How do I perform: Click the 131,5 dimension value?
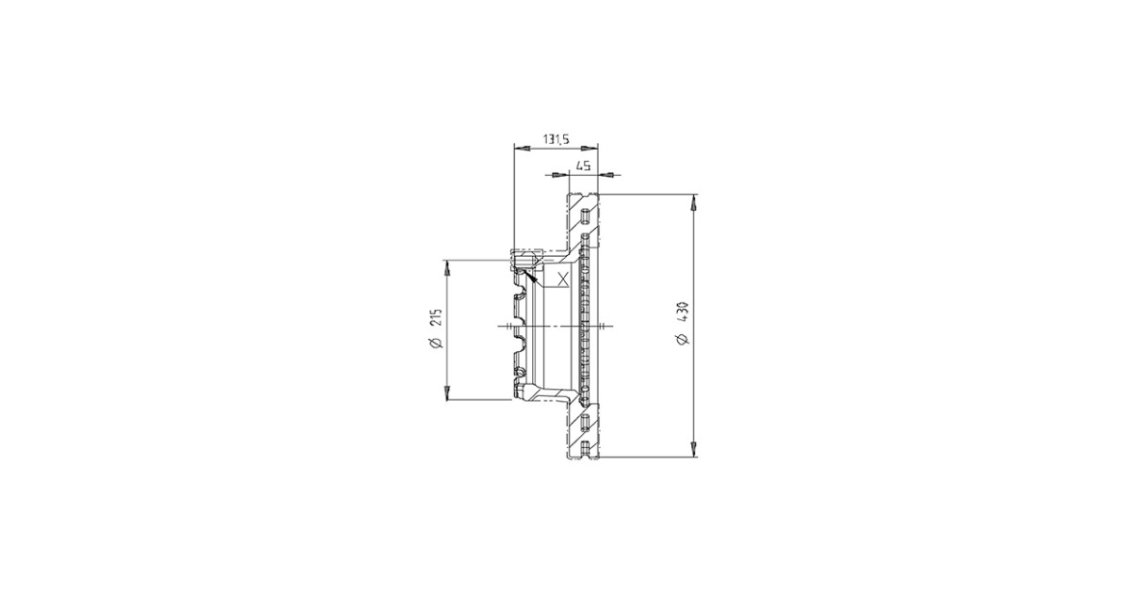coord(556,139)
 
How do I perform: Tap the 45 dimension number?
coord(583,167)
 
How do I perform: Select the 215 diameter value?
coord(436,318)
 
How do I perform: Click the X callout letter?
coord(562,279)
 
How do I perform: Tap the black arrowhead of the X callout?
coord(530,275)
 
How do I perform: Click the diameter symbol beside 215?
coord(436,343)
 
